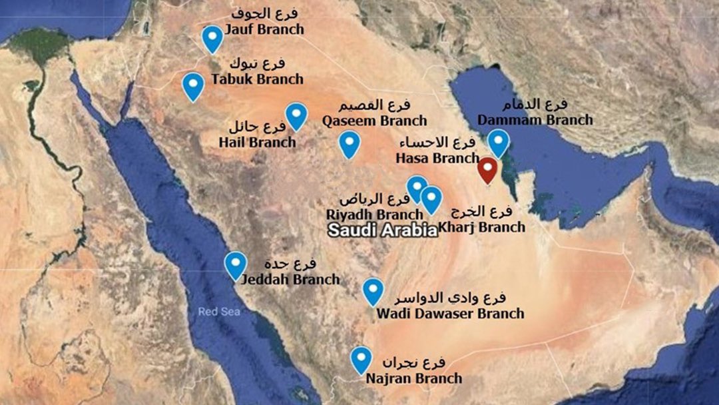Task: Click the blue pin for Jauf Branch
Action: point(212,39)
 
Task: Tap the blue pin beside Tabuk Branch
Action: point(193,85)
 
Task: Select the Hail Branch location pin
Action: point(296,115)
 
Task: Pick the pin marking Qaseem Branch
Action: point(349,144)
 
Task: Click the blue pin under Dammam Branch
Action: point(498,143)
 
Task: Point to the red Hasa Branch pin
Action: point(488,170)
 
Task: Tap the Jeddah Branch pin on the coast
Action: point(235,264)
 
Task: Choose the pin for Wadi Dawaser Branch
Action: point(373,291)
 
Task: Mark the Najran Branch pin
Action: point(361,360)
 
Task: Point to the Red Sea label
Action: point(216,311)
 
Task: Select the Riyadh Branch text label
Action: point(374,214)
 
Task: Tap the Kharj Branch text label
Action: point(483,227)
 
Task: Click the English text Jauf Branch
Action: point(264,29)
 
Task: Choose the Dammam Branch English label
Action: point(535,120)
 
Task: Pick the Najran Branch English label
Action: point(414,378)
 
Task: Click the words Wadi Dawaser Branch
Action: point(450,313)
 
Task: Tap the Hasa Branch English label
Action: point(437,159)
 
